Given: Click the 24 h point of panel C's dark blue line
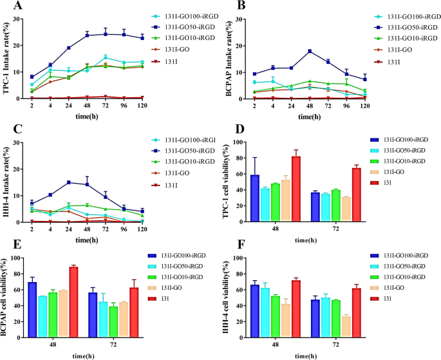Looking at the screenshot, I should pos(68,183).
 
